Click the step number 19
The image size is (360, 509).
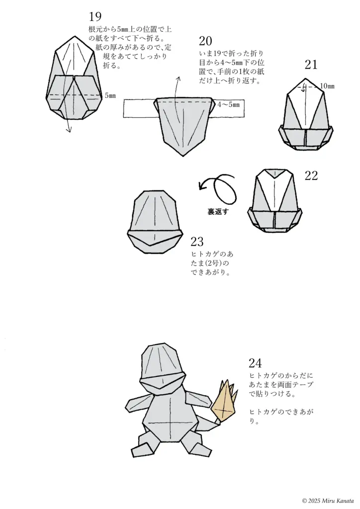point(94,17)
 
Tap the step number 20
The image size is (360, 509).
point(206,41)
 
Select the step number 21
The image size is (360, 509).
point(311,65)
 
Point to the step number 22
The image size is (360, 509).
point(311,176)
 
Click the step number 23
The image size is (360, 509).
point(197,242)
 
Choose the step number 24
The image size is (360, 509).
point(255,363)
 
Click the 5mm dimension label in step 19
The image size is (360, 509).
point(110,95)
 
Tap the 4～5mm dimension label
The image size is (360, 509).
point(229,105)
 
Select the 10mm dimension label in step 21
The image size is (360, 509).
point(327,86)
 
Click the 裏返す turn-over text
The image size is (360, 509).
point(217,211)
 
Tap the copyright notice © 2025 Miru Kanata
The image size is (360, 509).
point(328,501)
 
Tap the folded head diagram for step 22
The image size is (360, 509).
point(274,204)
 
